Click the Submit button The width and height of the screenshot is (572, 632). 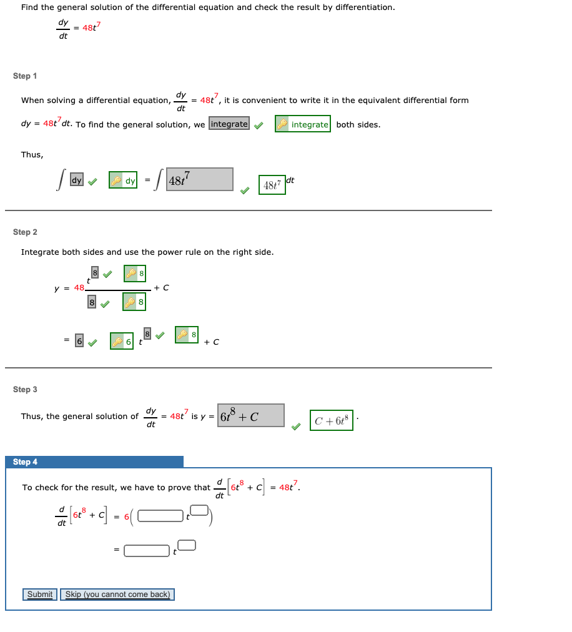click(40, 595)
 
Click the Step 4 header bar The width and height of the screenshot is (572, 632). click(94, 462)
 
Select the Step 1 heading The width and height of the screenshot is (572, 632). click(25, 76)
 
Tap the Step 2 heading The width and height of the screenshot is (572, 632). click(25, 232)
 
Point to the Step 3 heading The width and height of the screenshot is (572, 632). click(25, 390)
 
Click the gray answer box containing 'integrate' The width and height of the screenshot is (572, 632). click(229, 124)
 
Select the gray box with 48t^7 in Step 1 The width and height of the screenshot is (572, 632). click(200, 180)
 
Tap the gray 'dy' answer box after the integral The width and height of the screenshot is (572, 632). click(76, 180)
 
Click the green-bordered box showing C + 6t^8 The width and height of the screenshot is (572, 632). click(332, 420)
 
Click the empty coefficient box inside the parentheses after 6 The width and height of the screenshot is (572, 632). click(160, 516)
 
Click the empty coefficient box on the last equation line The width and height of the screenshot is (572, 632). click(147, 550)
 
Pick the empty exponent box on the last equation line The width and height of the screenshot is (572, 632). click(187, 545)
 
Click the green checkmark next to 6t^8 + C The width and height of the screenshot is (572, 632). click(295, 427)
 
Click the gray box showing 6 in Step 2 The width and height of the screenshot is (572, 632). click(79, 341)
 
